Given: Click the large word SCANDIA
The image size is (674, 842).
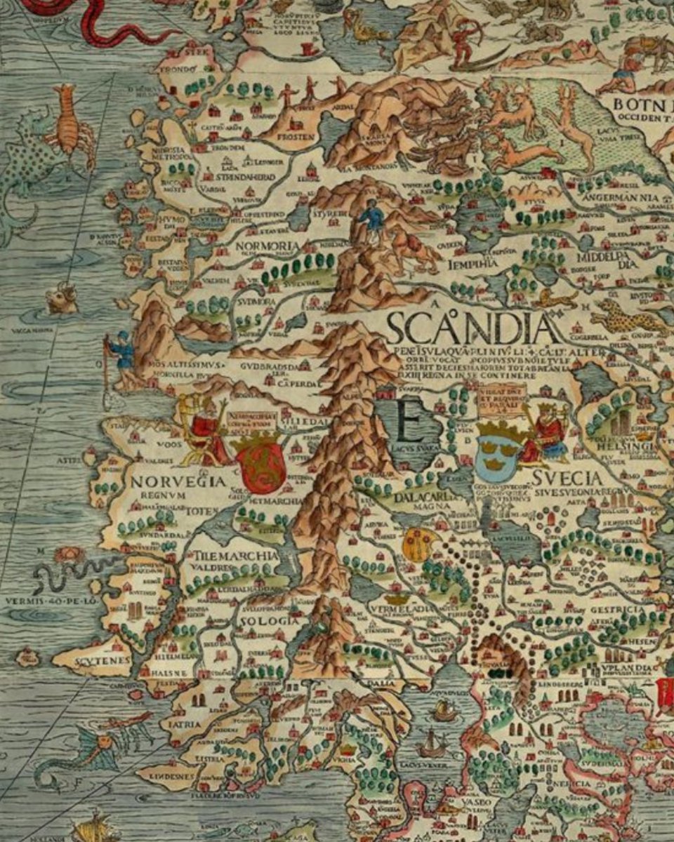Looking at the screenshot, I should tap(473, 328).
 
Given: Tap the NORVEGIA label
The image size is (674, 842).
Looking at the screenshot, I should tap(178, 482).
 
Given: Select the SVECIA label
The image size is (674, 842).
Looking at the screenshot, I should tap(567, 479).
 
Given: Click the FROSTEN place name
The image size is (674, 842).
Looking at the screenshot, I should tap(296, 137).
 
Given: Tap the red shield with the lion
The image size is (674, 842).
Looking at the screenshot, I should tap(260, 463).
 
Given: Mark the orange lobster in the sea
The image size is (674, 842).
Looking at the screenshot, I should tap(69, 126).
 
